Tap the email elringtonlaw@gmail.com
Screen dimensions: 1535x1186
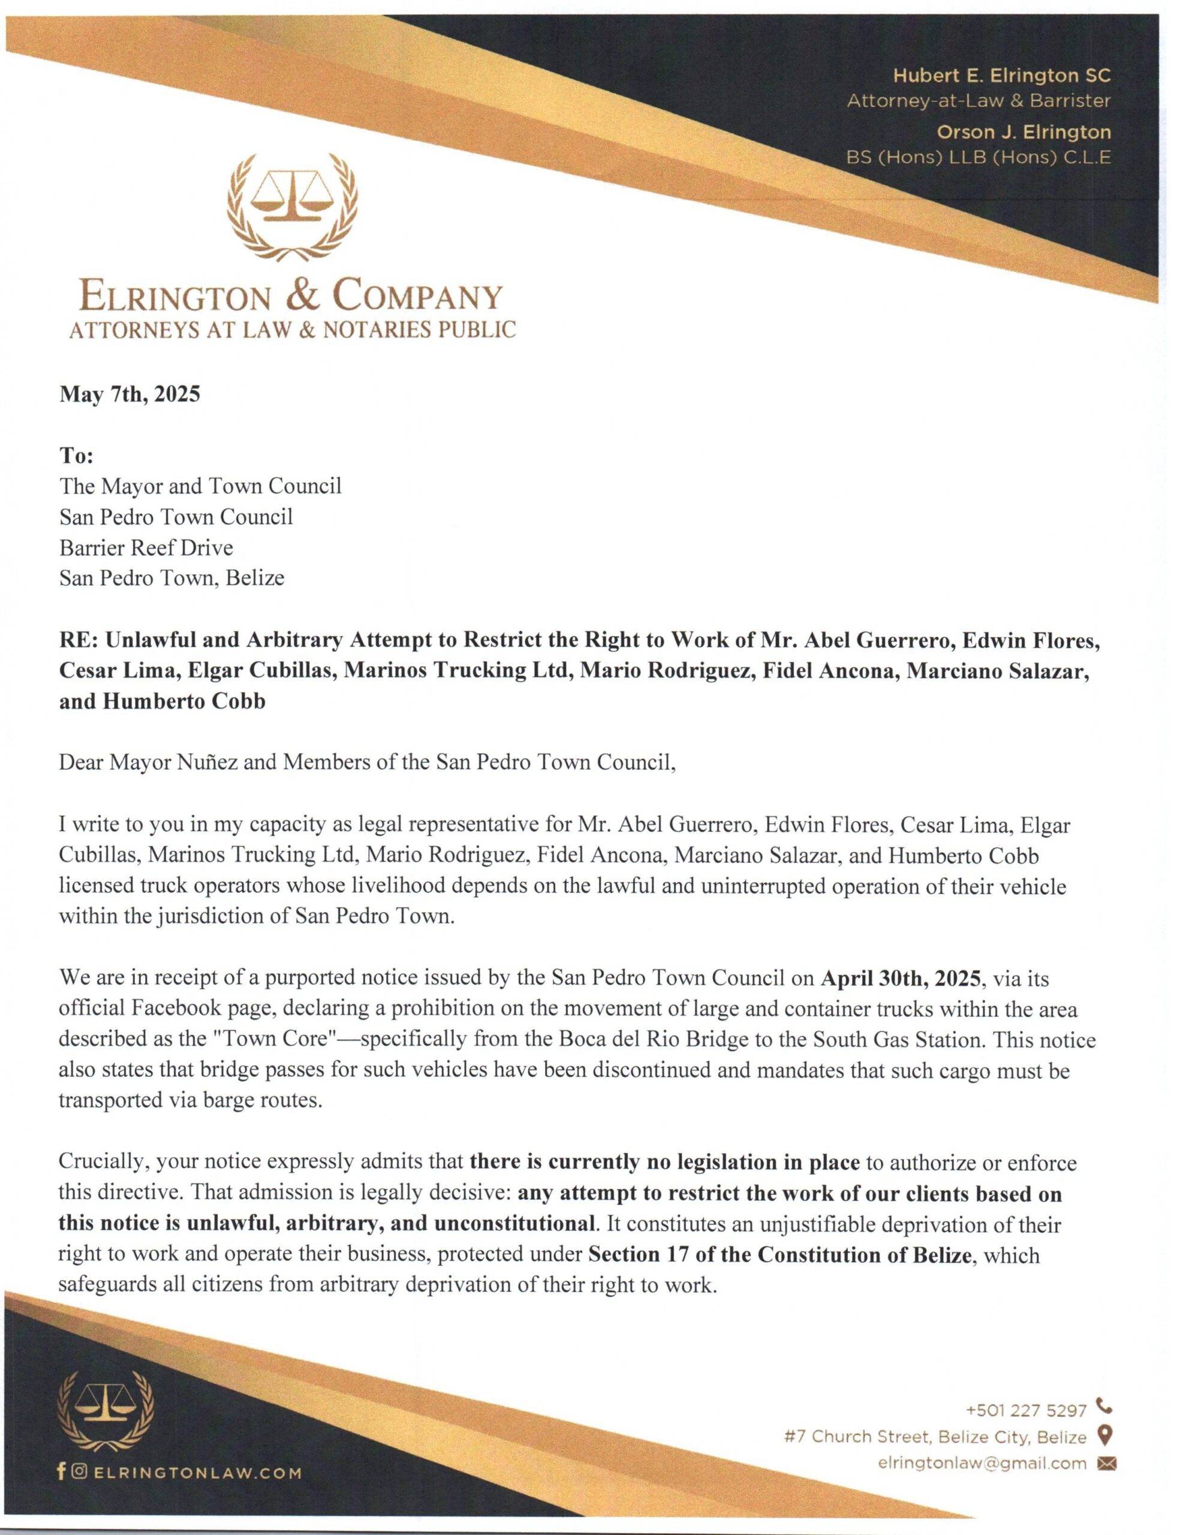[x=982, y=1462]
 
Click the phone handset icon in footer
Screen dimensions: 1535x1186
[x=1104, y=1408]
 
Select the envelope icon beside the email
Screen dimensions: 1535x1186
[x=1106, y=1463]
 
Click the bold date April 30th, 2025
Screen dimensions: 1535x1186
[x=900, y=979]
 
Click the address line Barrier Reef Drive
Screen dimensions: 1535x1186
[x=146, y=547]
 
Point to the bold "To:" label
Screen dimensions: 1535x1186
[x=76, y=456]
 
